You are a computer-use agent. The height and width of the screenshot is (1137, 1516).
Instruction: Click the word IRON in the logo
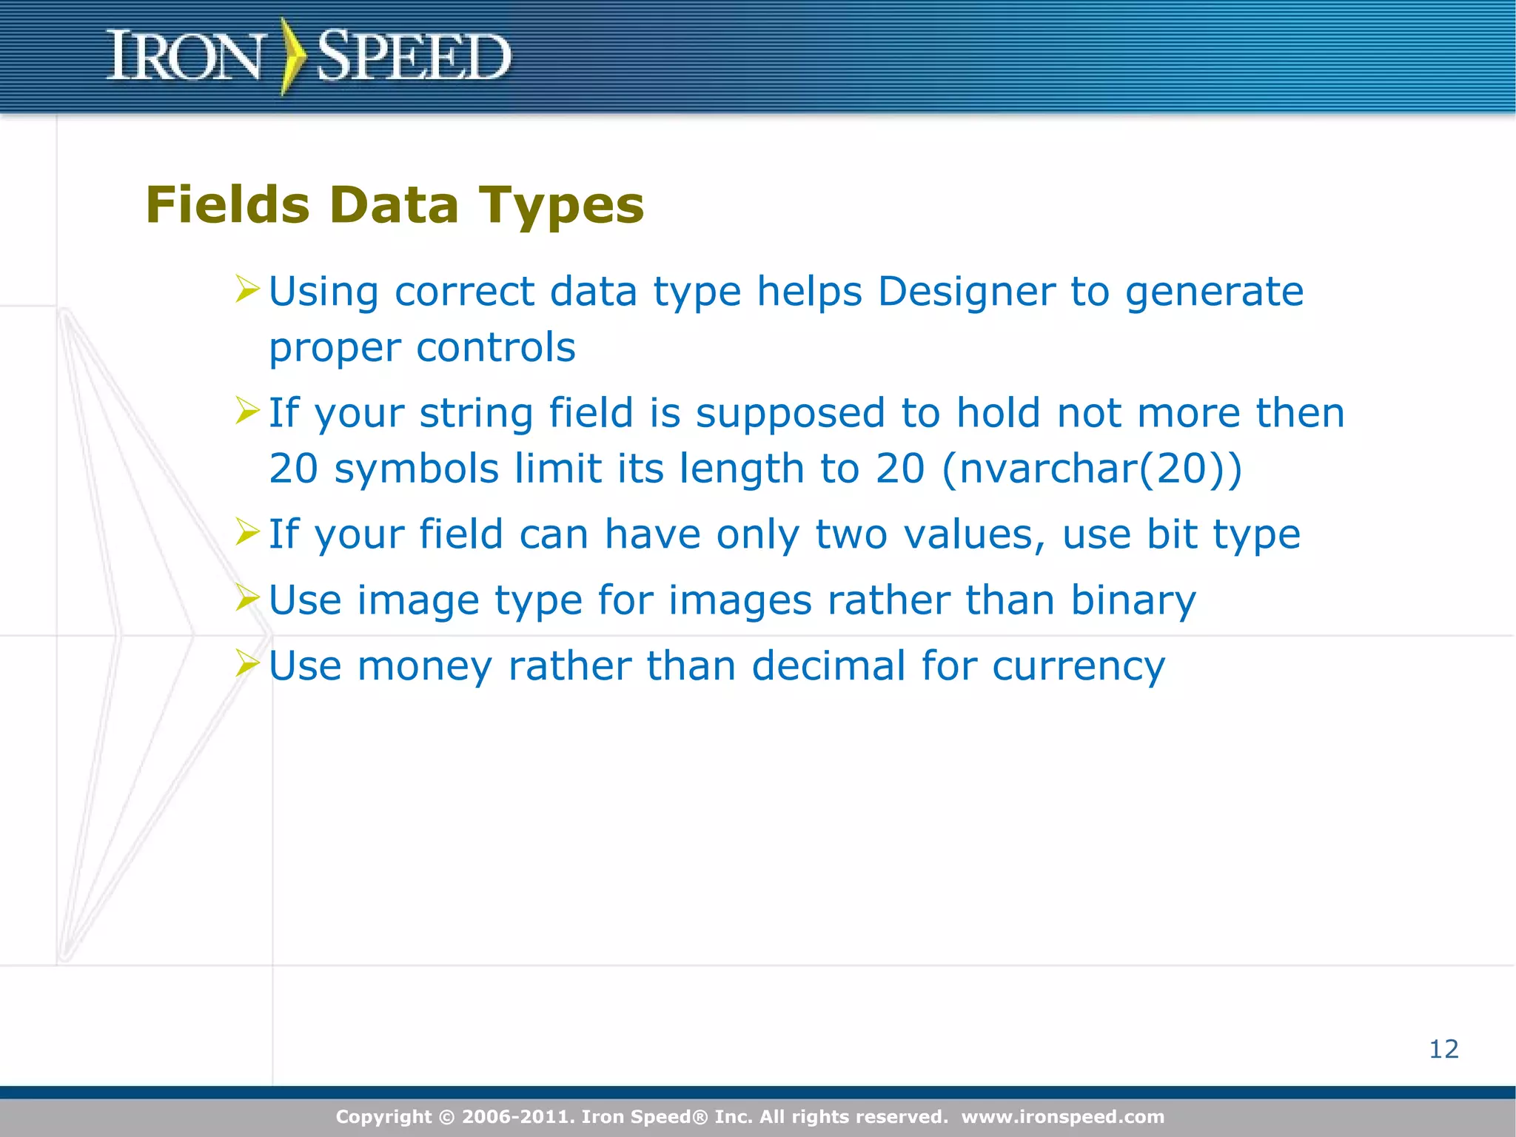[185, 56]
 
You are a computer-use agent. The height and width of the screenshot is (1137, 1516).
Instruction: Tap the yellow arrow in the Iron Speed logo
[293, 56]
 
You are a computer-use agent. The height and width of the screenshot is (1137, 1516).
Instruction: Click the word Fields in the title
[228, 205]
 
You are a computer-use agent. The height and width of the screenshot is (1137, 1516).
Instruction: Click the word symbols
[417, 469]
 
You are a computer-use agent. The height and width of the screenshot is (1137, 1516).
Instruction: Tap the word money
[425, 666]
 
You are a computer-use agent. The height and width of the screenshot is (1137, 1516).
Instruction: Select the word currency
[1079, 666]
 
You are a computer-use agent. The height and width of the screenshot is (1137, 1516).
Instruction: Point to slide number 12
[1443, 1049]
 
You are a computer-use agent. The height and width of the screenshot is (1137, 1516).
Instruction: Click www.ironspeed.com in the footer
[1063, 1117]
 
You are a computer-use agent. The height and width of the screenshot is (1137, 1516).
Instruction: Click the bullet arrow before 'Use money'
[247, 663]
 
